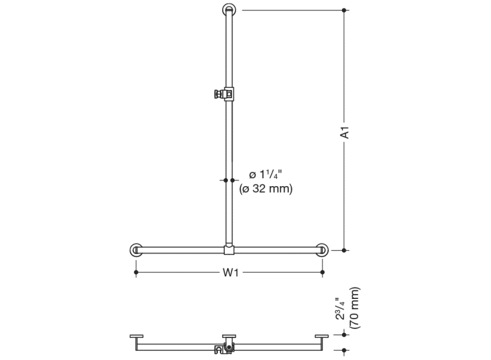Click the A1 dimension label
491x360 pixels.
tap(344, 132)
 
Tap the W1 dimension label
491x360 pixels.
tap(230, 272)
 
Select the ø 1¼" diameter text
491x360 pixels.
tap(266, 175)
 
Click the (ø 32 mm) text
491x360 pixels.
tap(266, 189)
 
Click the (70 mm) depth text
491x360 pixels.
tap(355, 308)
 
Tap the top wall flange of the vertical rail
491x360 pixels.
tap(229, 10)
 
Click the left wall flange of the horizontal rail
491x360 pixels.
tap(136, 250)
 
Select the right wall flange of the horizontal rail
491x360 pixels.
tap(322, 250)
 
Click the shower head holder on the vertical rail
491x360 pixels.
tap(224, 94)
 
